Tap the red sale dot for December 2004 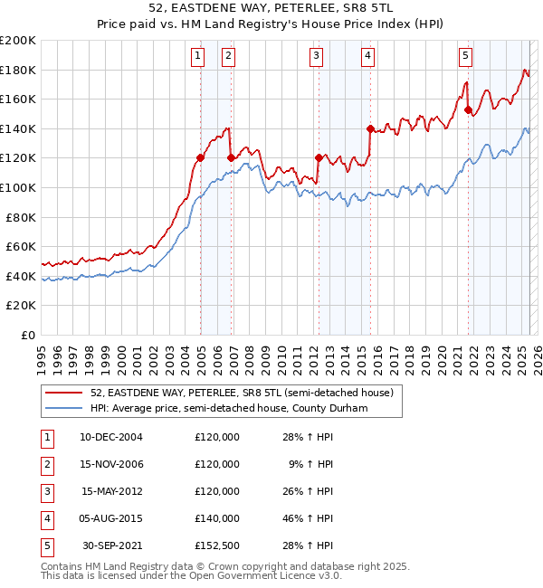(200, 157)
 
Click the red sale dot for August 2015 (370, 128)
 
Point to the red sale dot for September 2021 (469, 110)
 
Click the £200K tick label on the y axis (18, 41)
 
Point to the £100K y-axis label (18, 187)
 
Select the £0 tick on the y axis (27, 335)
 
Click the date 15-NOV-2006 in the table (112, 464)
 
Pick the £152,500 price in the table (217, 545)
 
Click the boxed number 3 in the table (44, 491)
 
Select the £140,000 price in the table (217, 518)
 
